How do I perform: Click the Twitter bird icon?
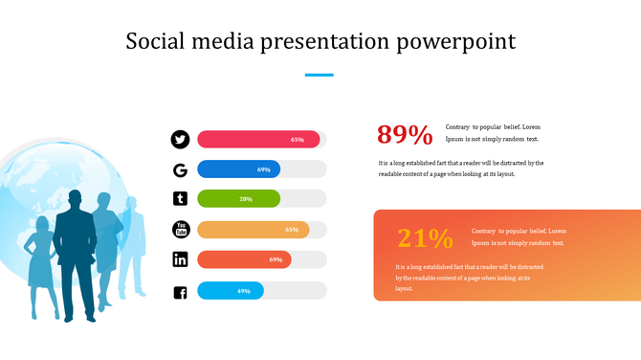pyautogui.click(x=180, y=140)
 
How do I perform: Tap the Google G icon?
pyautogui.click(x=180, y=170)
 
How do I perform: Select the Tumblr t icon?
pyautogui.click(x=180, y=199)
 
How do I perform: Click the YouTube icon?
pyautogui.click(x=180, y=229)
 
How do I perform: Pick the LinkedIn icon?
pyautogui.click(x=180, y=259)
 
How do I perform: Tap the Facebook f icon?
pyautogui.click(x=180, y=291)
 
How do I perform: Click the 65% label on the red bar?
pyautogui.click(x=298, y=140)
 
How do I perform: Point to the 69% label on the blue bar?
pyautogui.click(x=264, y=169)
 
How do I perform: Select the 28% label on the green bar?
pyautogui.click(x=246, y=199)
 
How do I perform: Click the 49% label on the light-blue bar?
pyautogui.click(x=244, y=291)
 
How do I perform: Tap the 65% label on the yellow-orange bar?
pyautogui.click(x=292, y=230)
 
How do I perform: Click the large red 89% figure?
pyautogui.click(x=405, y=135)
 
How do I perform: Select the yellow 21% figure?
pyautogui.click(x=425, y=238)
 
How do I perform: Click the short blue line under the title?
pyautogui.click(x=320, y=75)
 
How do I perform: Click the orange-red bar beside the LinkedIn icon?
pyautogui.click(x=244, y=259)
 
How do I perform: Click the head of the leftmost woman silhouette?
pyautogui.click(x=42, y=224)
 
